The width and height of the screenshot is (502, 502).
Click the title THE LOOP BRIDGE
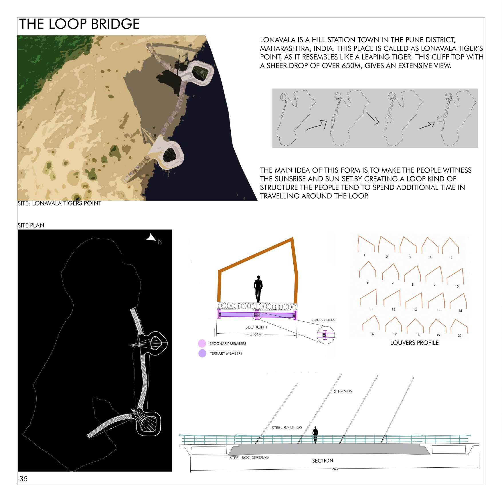coord(79,24)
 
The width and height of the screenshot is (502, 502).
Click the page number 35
coord(23,479)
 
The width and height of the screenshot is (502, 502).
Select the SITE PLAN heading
coord(31,225)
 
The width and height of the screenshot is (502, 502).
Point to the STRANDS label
coord(343,391)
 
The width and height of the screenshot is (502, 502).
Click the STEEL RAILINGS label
coord(287,428)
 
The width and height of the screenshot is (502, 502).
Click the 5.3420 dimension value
coord(256,334)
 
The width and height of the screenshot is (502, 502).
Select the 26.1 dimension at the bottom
coord(335,469)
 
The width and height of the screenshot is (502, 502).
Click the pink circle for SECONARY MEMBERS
coord(202,343)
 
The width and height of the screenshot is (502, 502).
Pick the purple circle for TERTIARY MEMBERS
coord(202,353)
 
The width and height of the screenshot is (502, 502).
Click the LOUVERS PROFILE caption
coord(414,343)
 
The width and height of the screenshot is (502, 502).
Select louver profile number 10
coord(455,276)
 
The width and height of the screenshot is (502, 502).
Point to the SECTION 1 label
coord(256,327)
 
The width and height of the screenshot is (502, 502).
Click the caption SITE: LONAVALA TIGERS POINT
coord(59,203)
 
